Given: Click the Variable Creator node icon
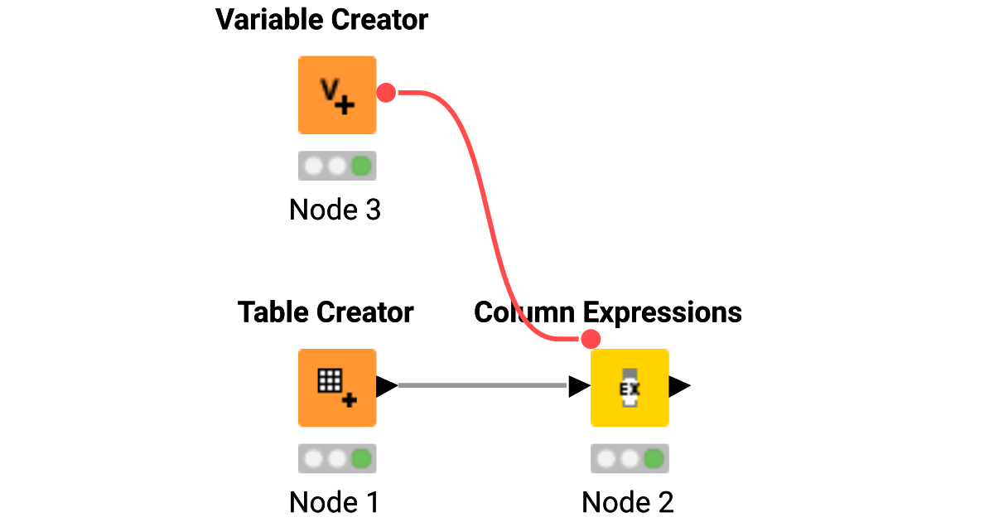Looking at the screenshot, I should (x=337, y=94).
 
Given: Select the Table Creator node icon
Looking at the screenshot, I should (x=337, y=388).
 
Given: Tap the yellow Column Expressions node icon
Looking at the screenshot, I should (x=630, y=388).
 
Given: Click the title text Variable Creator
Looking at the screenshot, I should (x=321, y=20).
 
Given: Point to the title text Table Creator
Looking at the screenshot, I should (x=325, y=312).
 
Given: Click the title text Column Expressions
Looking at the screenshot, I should (x=607, y=312).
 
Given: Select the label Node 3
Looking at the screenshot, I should (x=335, y=210).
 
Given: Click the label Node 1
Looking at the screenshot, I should (x=334, y=502).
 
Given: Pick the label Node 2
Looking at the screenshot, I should (x=628, y=502).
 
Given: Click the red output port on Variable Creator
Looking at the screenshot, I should (x=386, y=93).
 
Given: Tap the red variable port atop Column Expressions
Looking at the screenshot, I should (x=591, y=339).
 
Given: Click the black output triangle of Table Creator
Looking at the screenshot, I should (x=387, y=386).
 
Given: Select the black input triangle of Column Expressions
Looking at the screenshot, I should (x=579, y=386).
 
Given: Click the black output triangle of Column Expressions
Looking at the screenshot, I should (x=680, y=386).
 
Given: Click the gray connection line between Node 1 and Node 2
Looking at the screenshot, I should (x=480, y=385).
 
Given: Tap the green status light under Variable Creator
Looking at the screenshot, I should (x=360, y=166).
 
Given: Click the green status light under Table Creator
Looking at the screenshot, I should (x=360, y=458).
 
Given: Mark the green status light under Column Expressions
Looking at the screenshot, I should (x=654, y=458).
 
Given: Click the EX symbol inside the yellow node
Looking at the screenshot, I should (x=630, y=388).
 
